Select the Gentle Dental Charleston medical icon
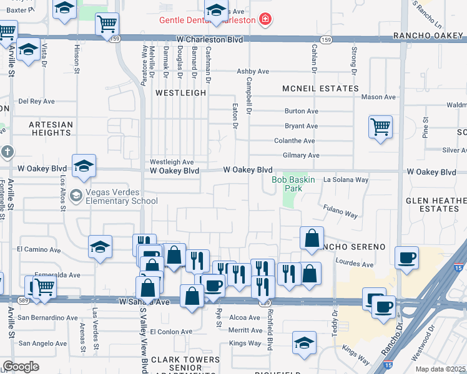tap(265, 20)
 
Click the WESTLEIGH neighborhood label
tap(180, 92)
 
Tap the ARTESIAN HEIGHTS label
tap(50, 128)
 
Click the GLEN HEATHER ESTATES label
tap(436, 204)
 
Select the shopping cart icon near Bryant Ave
tap(380, 127)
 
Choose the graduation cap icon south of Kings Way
tap(304, 342)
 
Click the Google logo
tap(21, 367)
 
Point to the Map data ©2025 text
tap(441, 369)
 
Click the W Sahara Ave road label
tap(145, 302)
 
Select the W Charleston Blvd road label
tap(209, 39)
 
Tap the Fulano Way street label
tap(340, 211)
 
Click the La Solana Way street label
tap(345, 180)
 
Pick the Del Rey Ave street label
tap(37, 101)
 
